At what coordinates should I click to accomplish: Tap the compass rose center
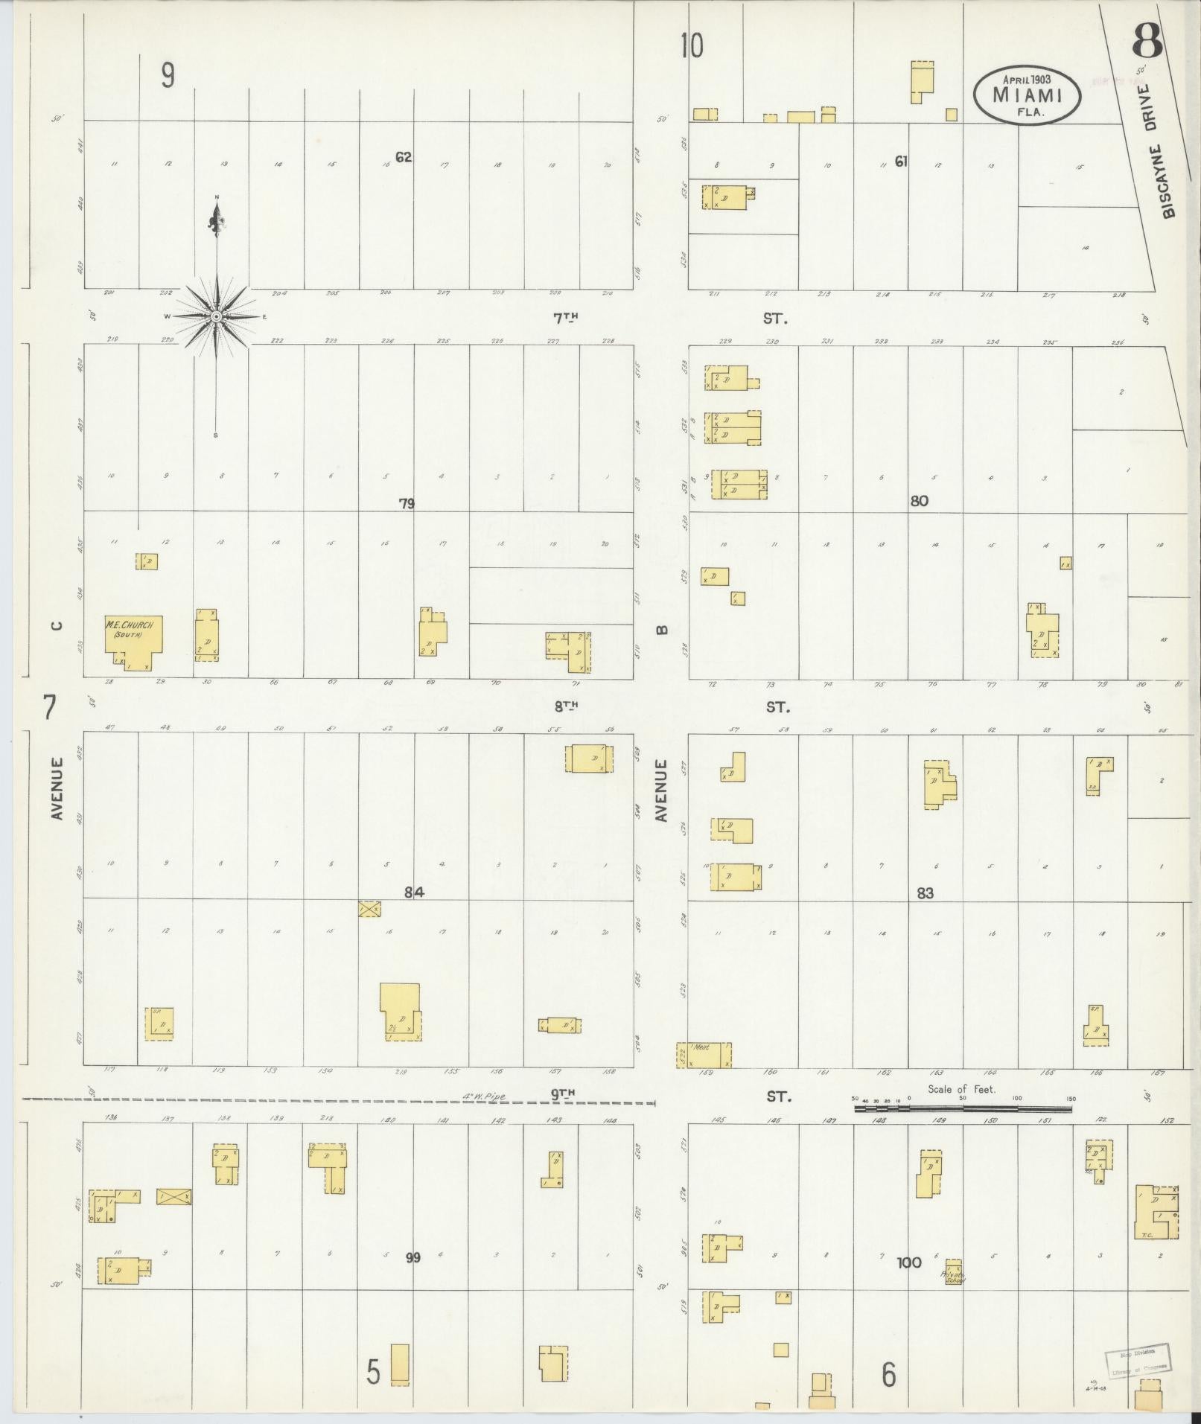(216, 317)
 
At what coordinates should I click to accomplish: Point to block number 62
(404, 157)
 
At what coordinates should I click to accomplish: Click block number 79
(406, 504)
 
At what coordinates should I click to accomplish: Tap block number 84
(414, 893)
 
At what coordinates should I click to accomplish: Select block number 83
(925, 893)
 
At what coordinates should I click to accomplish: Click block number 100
(909, 1262)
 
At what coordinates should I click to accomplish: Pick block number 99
(413, 1258)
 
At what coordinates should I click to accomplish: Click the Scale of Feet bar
(962, 1108)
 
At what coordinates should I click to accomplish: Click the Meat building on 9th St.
(704, 1055)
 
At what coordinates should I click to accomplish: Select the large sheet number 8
(1147, 42)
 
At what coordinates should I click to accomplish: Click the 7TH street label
(565, 318)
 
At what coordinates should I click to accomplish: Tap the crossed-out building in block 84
(369, 908)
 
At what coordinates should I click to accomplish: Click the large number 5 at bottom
(374, 1372)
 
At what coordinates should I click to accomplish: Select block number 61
(901, 161)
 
